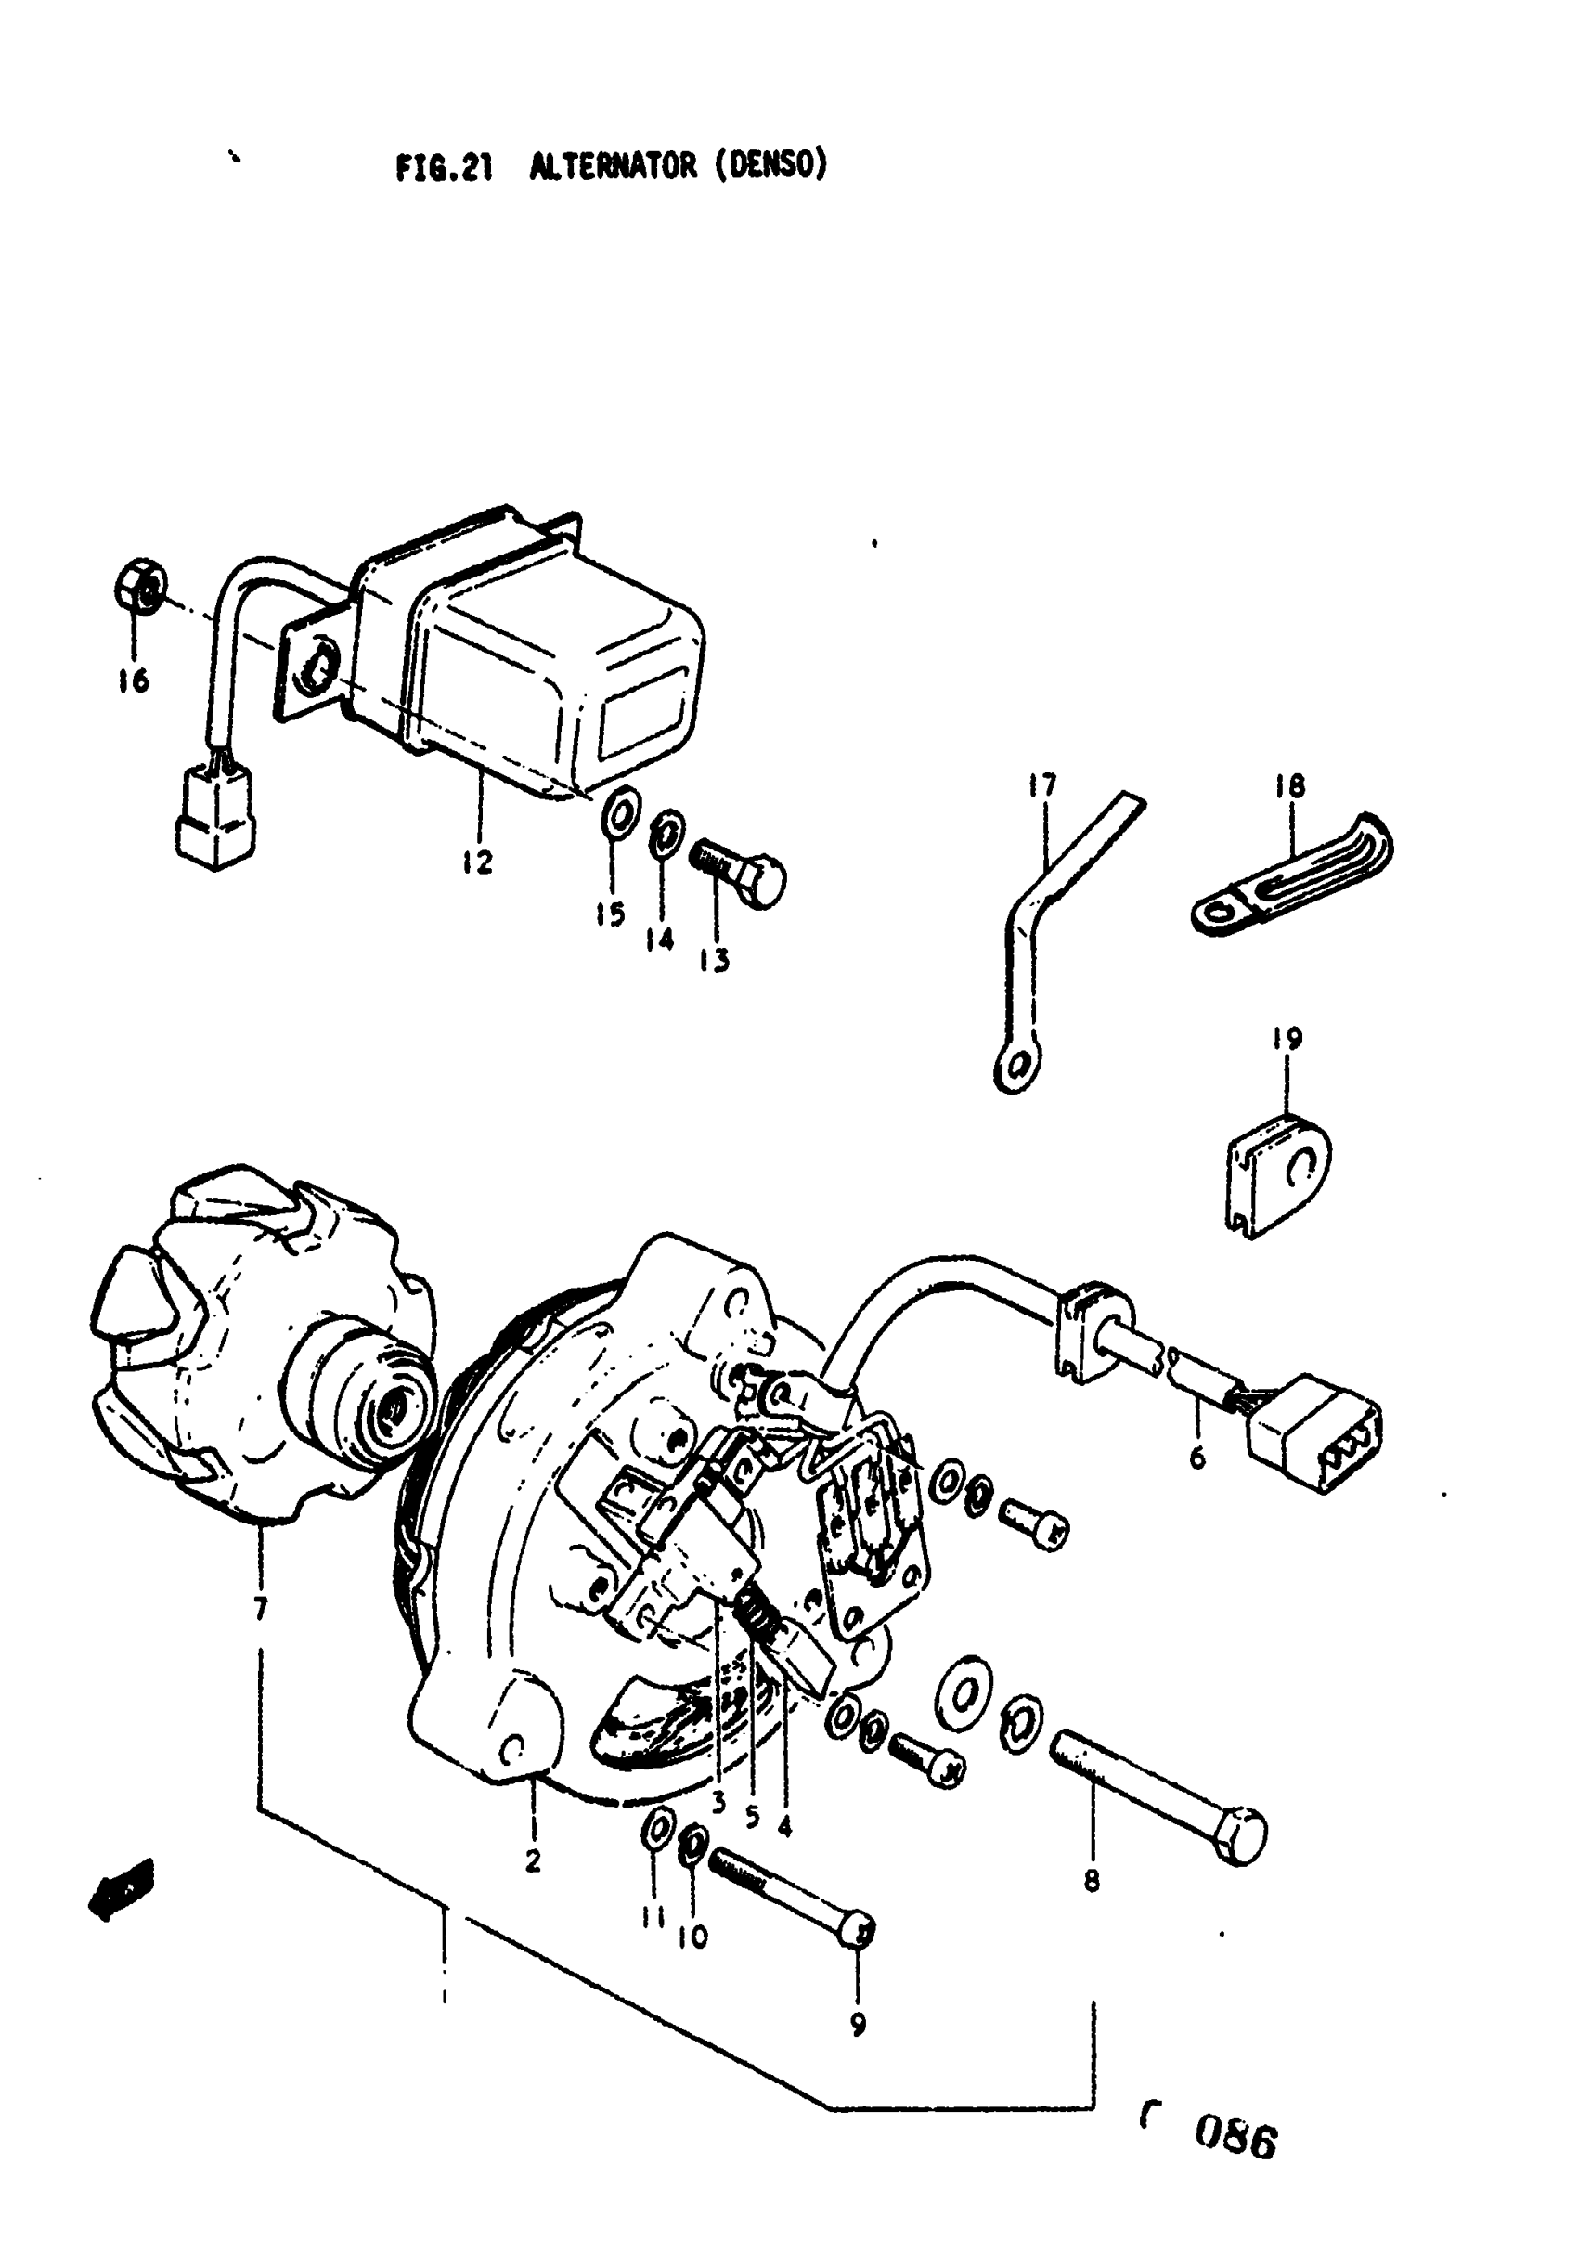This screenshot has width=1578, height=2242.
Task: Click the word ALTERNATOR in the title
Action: click(x=614, y=167)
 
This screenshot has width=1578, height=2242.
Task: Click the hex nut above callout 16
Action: click(x=136, y=587)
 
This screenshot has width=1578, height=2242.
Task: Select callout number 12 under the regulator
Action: click(x=477, y=862)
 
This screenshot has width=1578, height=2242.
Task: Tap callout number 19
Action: click(x=1287, y=1039)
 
